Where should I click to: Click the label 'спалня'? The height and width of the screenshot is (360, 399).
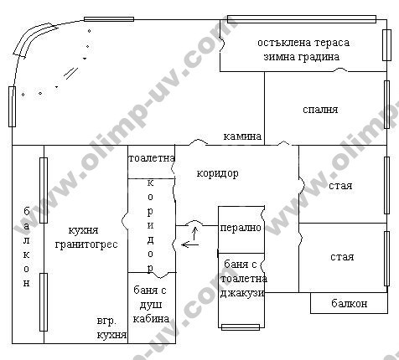coord(320,110)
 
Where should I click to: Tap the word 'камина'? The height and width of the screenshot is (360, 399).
coord(242,136)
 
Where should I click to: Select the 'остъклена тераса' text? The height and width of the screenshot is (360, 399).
coord(303,43)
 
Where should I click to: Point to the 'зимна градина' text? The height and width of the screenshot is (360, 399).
coord(302,57)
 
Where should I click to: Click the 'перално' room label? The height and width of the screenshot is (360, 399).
coord(241,228)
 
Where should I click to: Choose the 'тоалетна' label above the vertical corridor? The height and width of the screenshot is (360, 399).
coord(152,158)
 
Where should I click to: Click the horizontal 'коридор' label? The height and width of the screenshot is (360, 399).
coord(217,173)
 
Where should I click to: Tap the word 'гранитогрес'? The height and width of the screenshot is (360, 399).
coord(86,244)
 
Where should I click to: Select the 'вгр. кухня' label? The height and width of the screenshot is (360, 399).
coord(111,328)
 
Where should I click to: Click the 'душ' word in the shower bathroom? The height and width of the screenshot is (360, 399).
coord(151,305)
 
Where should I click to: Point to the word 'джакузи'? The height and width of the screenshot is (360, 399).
coord(242,293)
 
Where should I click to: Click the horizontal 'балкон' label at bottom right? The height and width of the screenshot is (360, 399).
coord(350,303)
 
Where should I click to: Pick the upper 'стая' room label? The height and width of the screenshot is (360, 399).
coord(340,186)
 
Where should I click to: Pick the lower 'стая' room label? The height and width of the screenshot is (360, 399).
coord(342,257)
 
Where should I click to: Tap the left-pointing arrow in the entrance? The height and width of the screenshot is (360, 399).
coord(190,244)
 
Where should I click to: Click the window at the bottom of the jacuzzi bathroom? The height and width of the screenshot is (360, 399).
coord(241,327)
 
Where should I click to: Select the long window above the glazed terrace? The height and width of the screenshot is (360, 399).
coord(302,19)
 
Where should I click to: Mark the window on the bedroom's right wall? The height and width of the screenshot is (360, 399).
coord(386,105)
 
